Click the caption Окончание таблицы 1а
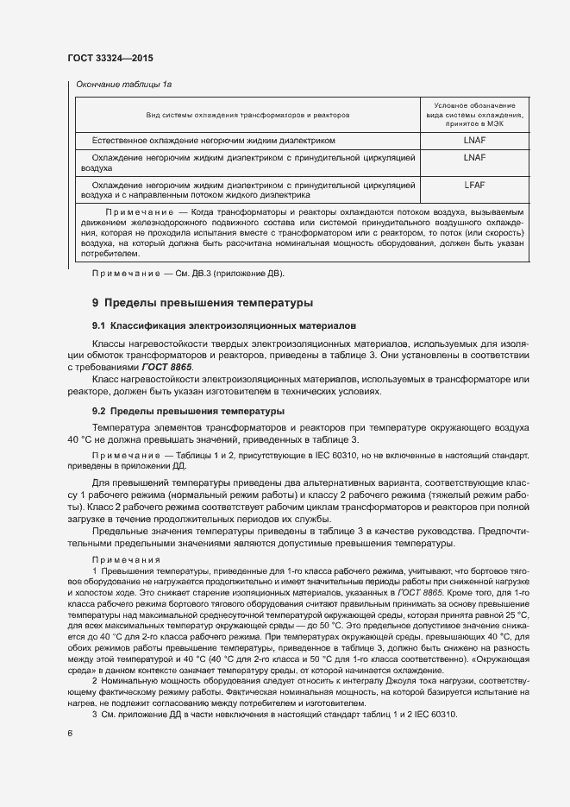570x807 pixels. (x=124, y=85)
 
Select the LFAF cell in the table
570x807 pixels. (x=474, y=184)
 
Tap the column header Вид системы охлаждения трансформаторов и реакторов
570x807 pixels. (x=247, y=115)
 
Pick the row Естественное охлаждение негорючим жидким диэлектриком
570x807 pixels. (x=213, y=139)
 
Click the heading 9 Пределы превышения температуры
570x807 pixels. (x=202, y=303)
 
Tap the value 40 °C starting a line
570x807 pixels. (x=80, y=440)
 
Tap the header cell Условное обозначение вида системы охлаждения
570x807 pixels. (x=474, y=114)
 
